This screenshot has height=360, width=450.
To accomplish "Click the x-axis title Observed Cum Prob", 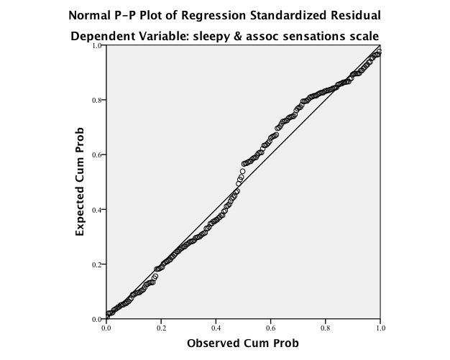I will point(243,343).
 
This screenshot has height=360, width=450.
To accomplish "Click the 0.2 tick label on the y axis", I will point(97,264).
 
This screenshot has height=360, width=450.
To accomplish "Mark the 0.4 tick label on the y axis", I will point(97,210).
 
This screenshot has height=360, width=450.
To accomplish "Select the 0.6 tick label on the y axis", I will point(97,155).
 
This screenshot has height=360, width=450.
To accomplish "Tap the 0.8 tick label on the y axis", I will point(97,101).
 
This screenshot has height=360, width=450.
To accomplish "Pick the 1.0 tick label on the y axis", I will point(97,46).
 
